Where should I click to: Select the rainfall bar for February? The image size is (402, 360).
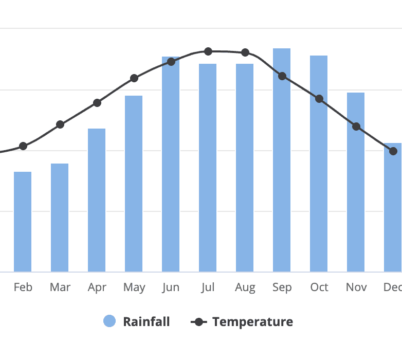(23, 221)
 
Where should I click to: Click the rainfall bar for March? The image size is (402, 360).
(60, 217)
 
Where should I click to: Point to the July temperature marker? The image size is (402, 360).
(208, 51)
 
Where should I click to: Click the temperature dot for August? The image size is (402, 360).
(245, 52)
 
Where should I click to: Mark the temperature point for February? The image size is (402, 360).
(23, 146)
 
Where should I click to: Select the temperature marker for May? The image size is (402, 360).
(134, 78)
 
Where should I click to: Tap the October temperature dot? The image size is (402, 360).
(319, 99)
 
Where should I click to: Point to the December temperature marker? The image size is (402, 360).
(393, 151)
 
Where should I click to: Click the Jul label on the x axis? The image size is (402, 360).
(208, 287)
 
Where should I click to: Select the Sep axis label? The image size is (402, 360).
(282, 287)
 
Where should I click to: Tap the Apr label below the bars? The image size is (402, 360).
(97, 287)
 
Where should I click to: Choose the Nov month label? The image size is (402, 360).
(356, 287)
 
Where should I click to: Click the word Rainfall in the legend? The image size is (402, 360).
(146, 322)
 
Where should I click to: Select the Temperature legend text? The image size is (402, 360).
(252, 322)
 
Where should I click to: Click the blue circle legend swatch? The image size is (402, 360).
(109, 321)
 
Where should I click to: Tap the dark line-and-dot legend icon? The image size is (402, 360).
(198, 322)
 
